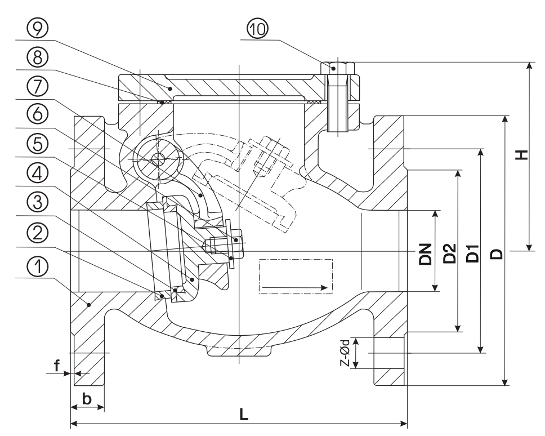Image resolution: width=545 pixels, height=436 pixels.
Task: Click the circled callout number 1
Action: coord(38,267)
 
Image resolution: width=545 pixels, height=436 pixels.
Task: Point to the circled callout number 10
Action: coord(257,29)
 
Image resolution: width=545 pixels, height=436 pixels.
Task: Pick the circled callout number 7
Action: coord(38,87)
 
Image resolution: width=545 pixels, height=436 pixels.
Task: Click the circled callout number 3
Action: coord(38,203)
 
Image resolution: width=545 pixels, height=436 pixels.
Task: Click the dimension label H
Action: coord(521,155)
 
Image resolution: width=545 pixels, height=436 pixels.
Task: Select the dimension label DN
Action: coord(425,254)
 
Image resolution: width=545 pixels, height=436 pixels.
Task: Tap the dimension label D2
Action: coord(450,253)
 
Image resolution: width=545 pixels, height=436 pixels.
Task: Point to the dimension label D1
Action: coord(473,253)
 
